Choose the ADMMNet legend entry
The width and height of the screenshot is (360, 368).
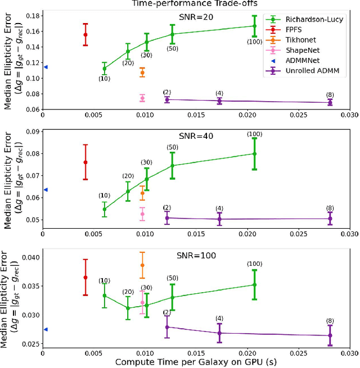coord(303,61)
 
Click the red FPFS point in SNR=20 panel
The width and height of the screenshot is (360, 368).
coord(85,35)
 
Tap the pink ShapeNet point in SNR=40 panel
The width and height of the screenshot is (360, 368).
coord(142,213)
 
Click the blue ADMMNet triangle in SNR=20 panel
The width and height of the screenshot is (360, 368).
coord(46,67)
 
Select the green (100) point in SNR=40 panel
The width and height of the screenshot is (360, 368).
coord(254,154)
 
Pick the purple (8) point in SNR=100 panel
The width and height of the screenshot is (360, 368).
coord(330,335)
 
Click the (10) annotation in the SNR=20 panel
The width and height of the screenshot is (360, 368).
coord(104,79)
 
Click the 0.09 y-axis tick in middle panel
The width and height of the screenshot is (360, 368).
coord(33,132)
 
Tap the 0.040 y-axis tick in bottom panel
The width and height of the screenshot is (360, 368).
coord(30,258)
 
